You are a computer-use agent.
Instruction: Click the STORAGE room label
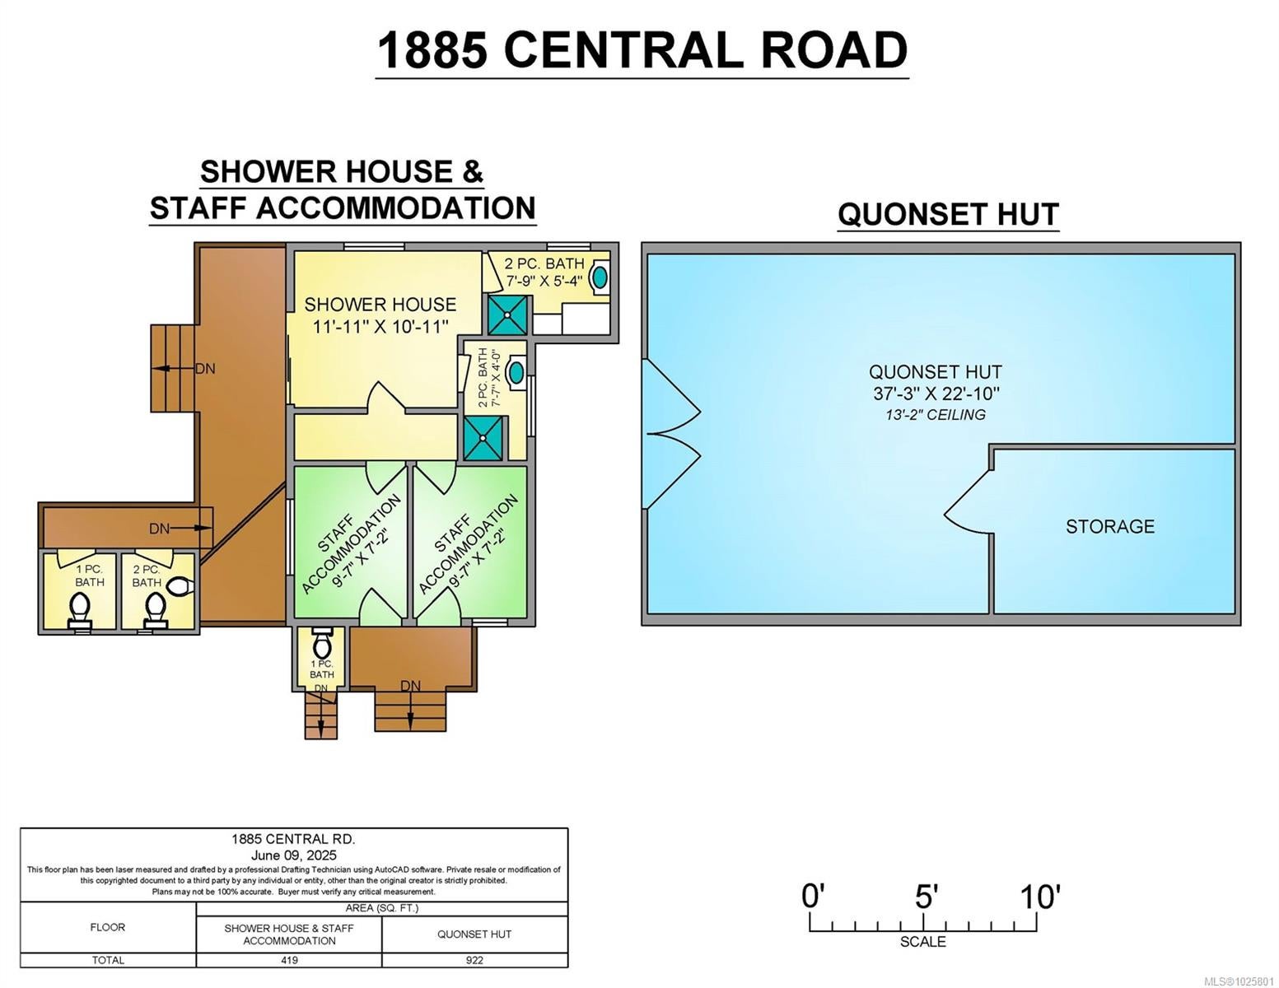click(1109, 526)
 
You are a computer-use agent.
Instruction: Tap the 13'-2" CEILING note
click(936, 415)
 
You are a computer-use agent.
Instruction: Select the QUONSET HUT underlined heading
click(948, 214)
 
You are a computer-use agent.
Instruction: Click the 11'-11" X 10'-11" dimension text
click(380, 326)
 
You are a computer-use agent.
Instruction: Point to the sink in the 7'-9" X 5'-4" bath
click(600, 277)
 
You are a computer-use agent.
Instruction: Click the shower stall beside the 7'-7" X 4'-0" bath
click(483, 438)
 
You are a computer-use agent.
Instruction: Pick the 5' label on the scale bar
click(926, 897)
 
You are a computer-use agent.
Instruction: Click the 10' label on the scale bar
click(1040, 897)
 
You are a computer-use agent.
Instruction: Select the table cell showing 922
click(474, 960)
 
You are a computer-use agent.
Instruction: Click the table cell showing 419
click(289, 960)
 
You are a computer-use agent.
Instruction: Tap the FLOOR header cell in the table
click(108, 927)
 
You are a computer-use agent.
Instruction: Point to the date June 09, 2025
click(294, 855)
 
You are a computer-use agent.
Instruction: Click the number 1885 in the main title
click(432, 50)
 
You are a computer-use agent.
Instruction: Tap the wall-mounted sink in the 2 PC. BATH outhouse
click(180, 585)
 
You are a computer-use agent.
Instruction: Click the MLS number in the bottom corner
click(1239, 981)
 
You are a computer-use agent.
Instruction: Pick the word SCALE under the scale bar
click(923, 942)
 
